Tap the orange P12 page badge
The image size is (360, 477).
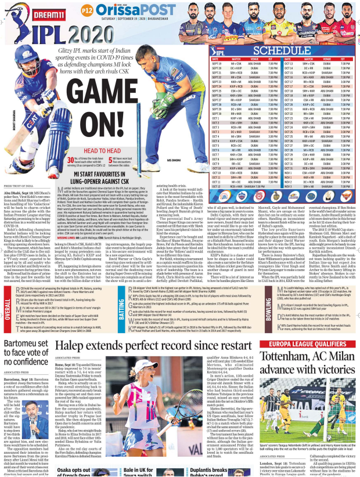pos(87,10)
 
